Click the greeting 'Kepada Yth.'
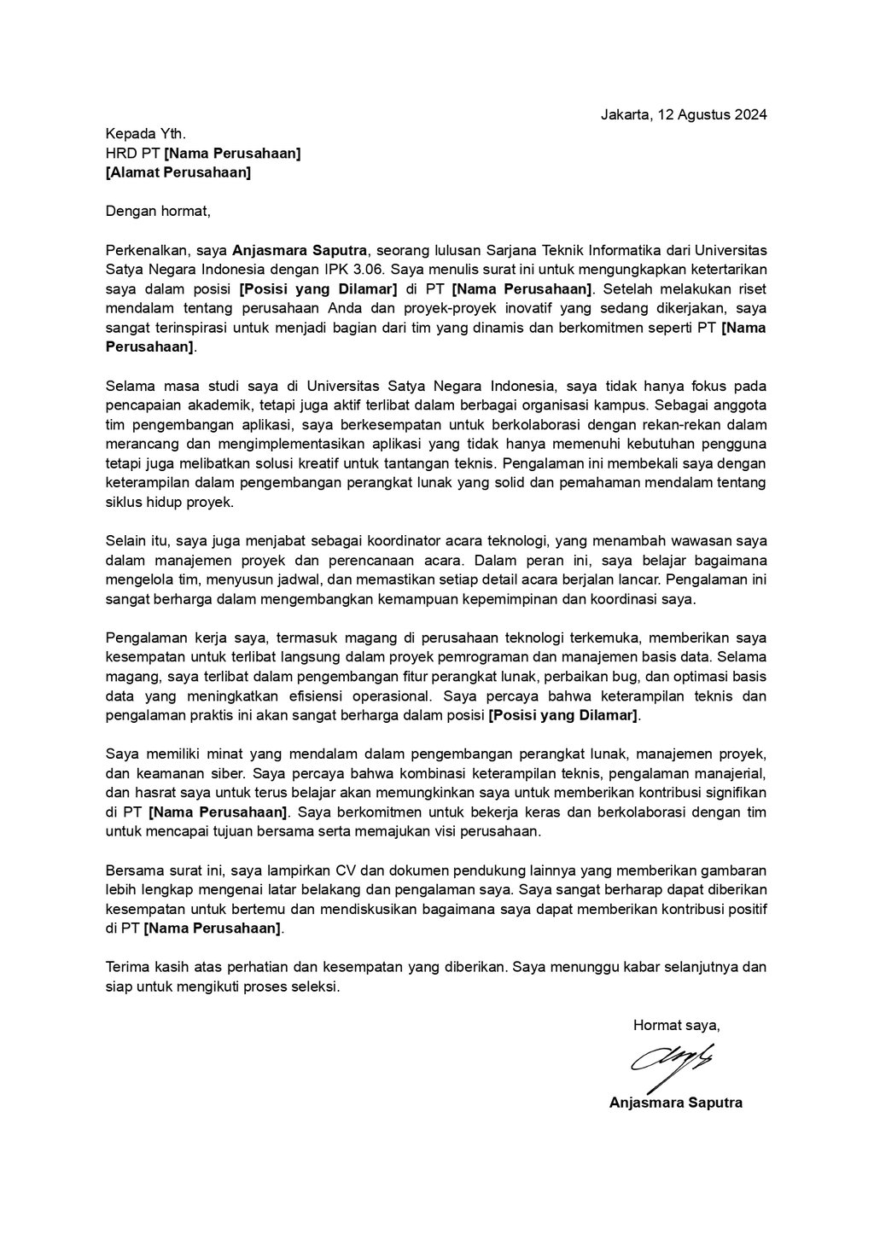click(x=145, y=133)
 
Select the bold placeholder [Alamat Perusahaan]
click(x=178, y=172)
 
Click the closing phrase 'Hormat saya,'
click(x=676, y=1025)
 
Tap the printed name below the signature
click(x=675, y=1103)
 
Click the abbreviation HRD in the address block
click(x=121, y=153)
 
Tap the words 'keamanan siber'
click(x=185, y=774)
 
